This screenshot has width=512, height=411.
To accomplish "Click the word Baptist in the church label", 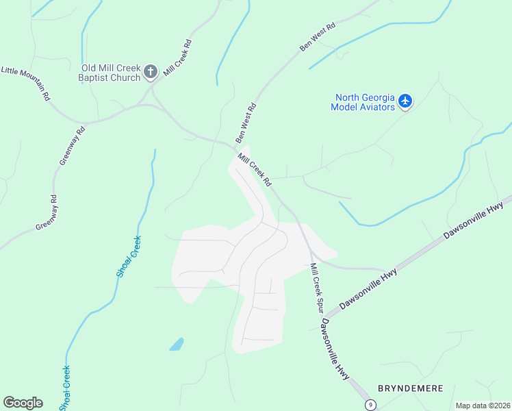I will click(95, 78).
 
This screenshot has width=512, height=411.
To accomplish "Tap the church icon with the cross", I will click(151, 71).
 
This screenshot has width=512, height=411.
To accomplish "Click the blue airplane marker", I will click(406, 101).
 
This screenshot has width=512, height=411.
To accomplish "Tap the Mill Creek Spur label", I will click(316, 288).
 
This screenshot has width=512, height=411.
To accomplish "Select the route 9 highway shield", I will click(370, 405).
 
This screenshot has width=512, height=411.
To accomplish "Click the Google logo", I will click(23, 403).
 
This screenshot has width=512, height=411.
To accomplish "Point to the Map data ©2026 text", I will click(483, 406).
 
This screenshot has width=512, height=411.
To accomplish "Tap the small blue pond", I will click(177, 344).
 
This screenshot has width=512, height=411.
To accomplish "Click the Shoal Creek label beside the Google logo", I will click(64, 388).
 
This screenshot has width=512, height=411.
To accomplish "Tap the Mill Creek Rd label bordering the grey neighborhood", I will click(255, 169).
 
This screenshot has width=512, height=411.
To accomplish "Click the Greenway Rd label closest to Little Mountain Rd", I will click(72, 146).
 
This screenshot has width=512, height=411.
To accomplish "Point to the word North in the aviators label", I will click(348, 97).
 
